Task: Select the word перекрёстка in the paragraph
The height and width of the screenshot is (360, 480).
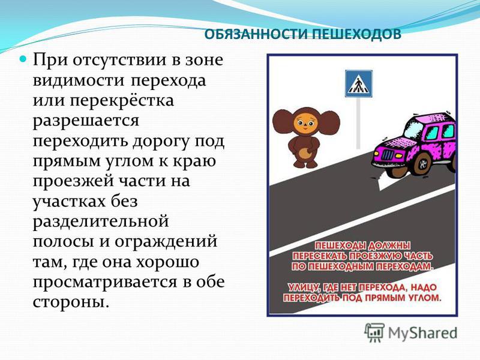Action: (122, 101)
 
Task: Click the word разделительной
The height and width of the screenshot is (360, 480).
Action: (101, 221)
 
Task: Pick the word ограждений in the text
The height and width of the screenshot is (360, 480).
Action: (166, 242)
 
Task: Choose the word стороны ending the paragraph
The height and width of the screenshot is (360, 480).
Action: (71, 302)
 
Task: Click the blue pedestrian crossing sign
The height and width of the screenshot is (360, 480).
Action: (358, 83)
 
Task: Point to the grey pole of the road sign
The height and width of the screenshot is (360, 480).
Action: (358, 123)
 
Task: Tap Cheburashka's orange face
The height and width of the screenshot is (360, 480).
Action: (307, 124)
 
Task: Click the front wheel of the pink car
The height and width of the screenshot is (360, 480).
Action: (424, 166)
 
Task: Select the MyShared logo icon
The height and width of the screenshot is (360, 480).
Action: (374, 332)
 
